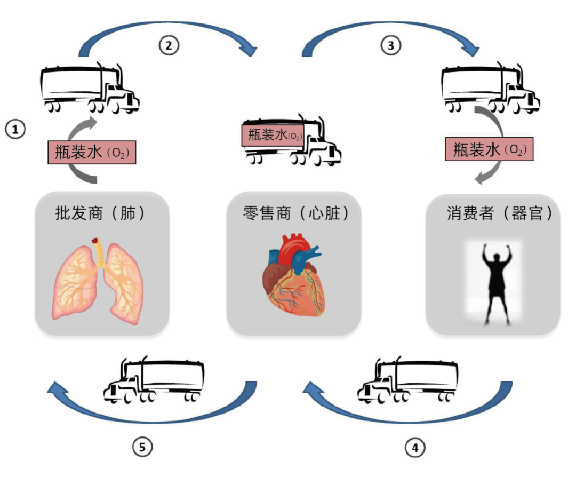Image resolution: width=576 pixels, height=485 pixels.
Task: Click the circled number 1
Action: [15, 129]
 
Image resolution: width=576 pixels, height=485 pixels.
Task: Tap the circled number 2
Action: [169, 45]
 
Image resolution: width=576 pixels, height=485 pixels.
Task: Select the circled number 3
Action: [390, 45]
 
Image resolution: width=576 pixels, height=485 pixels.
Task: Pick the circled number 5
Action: [142, 447]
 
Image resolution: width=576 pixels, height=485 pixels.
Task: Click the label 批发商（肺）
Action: [100, 214]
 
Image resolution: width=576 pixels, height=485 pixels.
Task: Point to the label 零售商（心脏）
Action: [295, 214]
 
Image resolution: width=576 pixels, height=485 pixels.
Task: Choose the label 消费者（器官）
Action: [499, 214]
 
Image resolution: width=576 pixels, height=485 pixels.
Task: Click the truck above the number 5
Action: [154, 381]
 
